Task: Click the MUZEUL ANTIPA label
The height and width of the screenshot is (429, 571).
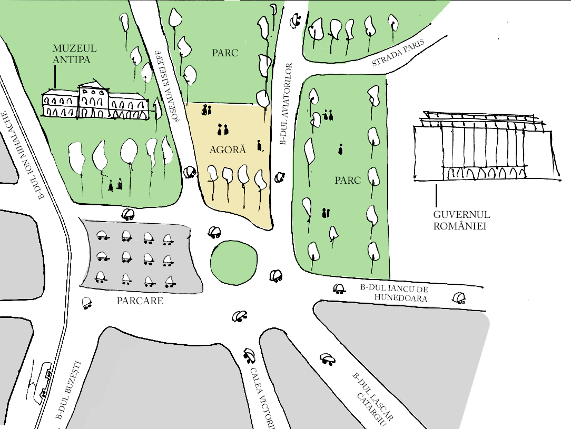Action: (71, 54)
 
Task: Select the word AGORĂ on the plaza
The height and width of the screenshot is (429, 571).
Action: (228, 149)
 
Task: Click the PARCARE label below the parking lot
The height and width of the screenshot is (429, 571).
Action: (140, 301)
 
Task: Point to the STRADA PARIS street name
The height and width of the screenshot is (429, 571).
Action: (398, 54)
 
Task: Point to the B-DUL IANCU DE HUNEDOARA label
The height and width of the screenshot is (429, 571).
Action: (393, 293)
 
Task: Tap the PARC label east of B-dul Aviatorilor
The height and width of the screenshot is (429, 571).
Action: (347, 180)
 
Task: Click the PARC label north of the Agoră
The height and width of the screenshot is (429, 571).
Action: (225, 53)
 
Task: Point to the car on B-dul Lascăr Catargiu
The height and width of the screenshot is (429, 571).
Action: (327, 358)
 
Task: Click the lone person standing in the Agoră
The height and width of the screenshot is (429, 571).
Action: (259, 145)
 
